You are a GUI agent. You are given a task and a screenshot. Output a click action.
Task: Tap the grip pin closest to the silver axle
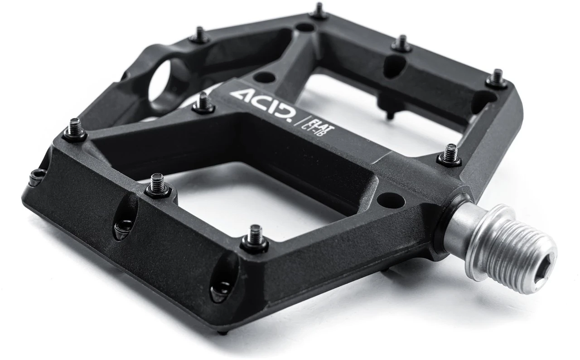tap(450, 154)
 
